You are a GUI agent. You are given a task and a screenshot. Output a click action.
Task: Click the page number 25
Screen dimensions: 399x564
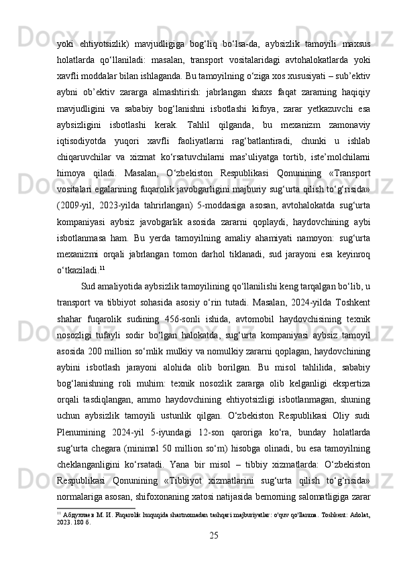pos(214,553)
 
